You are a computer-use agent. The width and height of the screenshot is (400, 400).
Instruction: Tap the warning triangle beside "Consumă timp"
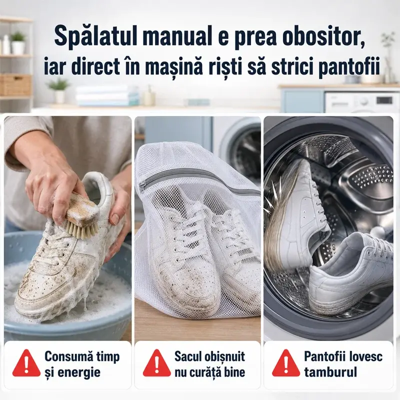[x=26, y=363]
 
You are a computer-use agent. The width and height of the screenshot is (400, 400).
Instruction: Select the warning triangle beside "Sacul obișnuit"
[x=156, y=363]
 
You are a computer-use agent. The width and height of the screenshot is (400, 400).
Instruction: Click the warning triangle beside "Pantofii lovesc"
[x=286, y=363]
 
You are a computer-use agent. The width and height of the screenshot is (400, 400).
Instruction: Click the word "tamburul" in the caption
[x=330, y=372]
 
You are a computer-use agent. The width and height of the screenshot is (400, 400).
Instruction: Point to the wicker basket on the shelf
[x=15, y=85]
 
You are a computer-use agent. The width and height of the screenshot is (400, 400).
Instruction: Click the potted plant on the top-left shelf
[x=18, y=43]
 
